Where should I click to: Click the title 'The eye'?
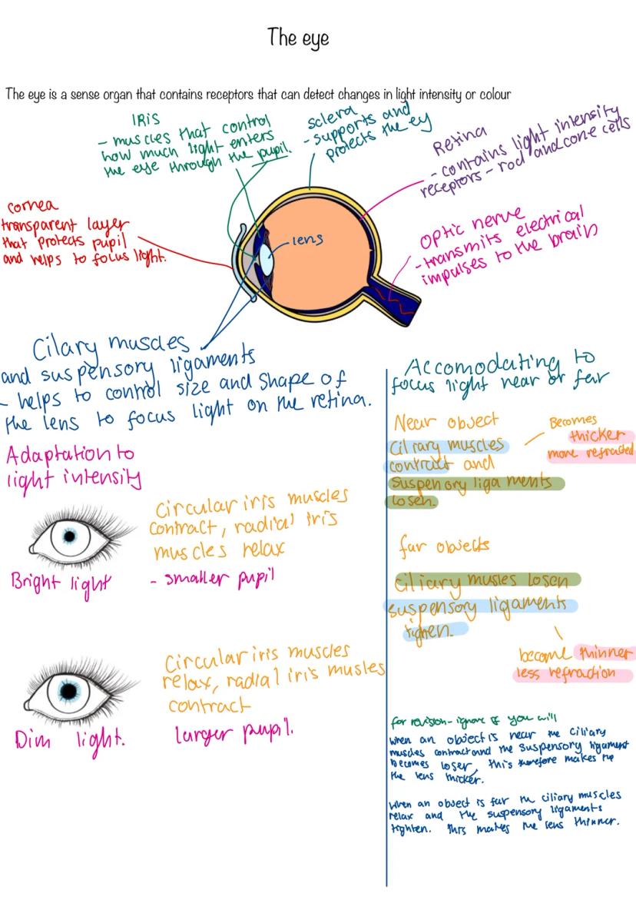pos(299,38)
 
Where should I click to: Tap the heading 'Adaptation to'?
pos(70,454)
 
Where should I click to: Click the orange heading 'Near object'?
pos(446,422)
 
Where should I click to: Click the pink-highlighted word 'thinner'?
pos(605,654)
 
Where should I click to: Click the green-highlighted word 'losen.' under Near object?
pos(411,501)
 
